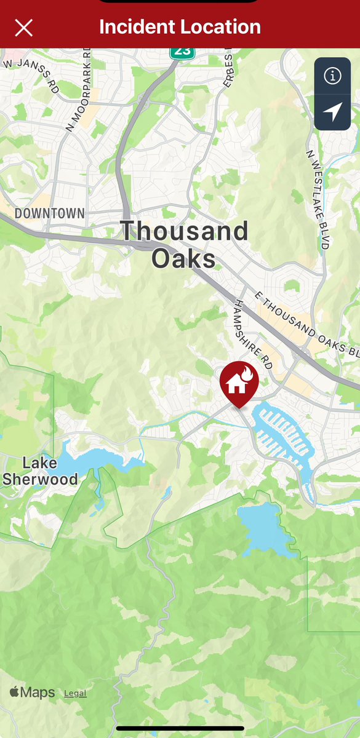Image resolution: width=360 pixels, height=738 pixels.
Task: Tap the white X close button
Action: [x=23, y=28]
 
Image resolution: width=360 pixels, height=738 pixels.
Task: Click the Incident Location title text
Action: [x=180, y=27]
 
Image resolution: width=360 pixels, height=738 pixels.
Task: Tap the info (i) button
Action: [x=332, y=76]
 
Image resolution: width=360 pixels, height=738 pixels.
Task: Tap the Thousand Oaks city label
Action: [x=184, y=244]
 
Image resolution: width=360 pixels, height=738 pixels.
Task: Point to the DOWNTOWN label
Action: [x=49, y=214]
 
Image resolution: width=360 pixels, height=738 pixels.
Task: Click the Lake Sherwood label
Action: [x=40, y=471]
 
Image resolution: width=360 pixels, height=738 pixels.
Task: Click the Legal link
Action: [x=75, y=693]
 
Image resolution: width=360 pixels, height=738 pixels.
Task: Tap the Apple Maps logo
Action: [x=32, y=692]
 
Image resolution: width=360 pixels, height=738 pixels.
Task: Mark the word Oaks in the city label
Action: [x=183, y=258]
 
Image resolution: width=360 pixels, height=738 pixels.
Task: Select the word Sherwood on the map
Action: [x=41, y=479]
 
